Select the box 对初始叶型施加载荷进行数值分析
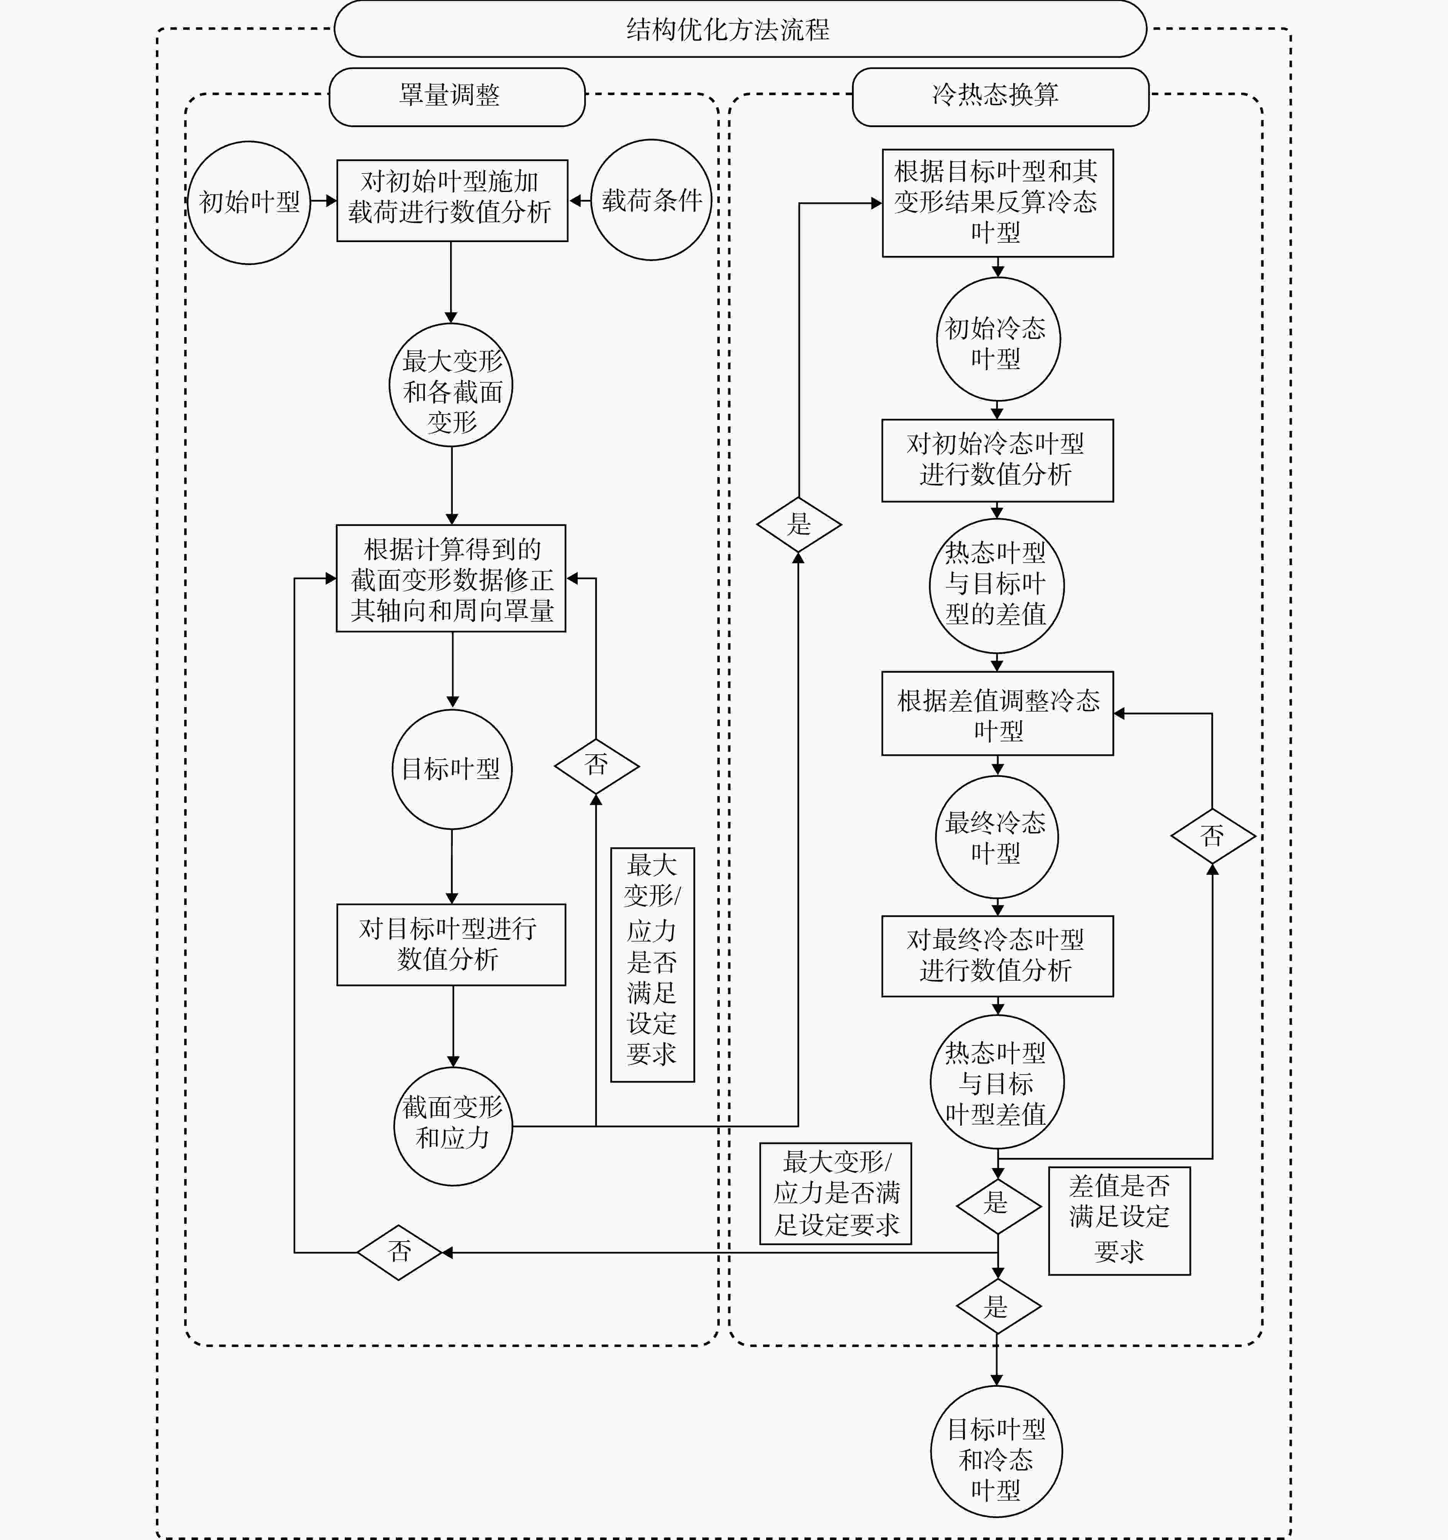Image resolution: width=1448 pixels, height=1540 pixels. click(x=452, y=201)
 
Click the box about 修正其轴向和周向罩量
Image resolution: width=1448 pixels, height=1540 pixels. click(x=451, y=578)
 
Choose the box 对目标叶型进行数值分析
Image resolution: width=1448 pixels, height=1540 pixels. click(x=451, y=944)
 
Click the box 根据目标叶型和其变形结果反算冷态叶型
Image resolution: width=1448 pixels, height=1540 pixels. click(x=998, y=203)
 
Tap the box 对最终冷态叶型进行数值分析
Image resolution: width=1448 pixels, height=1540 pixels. click(x=998, y=956)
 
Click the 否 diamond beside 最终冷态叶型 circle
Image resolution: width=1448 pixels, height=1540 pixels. click(x=1212, y=837)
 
